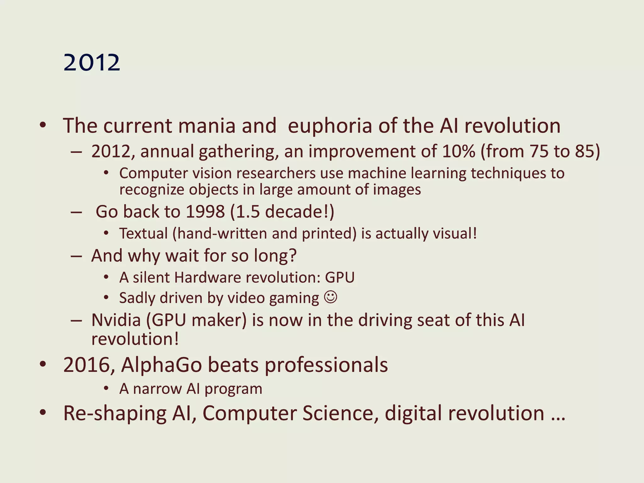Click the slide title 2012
(92, 63)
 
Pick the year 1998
(205, 212)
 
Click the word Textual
(143, 234)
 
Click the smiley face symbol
(330, 297)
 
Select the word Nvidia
(116, 320)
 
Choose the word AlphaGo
(161, 365)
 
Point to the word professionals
(326, 365)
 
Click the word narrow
(158, 389)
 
